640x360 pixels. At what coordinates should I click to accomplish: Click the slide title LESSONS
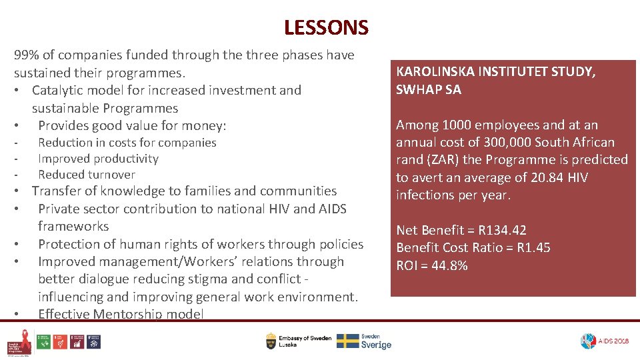pos(325,27)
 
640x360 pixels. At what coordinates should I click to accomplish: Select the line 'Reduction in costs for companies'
pos(127,143)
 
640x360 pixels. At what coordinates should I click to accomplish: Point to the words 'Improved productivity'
pos(98,159)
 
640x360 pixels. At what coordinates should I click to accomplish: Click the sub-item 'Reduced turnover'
pos(86,175)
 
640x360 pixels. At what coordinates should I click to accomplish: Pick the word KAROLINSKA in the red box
pos(434,72)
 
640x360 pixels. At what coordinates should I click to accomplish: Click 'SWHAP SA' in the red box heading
pos(428,90)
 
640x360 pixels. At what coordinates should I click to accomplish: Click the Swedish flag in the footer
pos(347,341)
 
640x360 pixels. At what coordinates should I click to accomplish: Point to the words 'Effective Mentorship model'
pos(121,314)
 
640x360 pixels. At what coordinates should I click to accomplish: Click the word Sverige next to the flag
pos(376,345)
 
